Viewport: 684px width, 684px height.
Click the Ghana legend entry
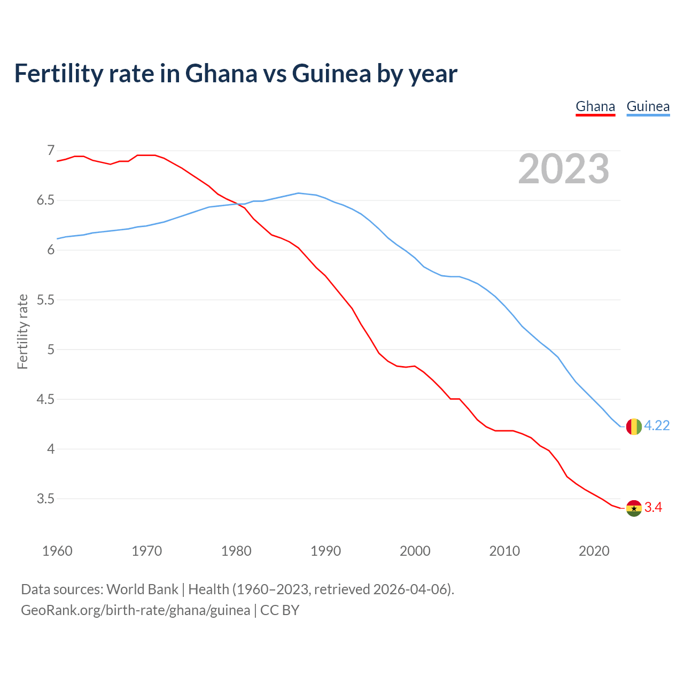click(x=595, y=106)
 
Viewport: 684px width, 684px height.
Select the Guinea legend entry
click(x=648, y=106)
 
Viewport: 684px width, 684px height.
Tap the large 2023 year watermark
click(x=563, y=169)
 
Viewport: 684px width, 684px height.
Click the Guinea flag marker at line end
click(x=633, y=426)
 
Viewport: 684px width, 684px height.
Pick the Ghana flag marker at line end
click(x=633, y=508)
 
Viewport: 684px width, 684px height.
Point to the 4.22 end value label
click(x=657, y=425)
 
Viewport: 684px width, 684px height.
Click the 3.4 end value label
click(x=653, y=508)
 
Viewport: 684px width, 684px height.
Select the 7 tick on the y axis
click(x=51, y=151)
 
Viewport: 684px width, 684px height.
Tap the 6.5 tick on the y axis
click(x=46, y=200)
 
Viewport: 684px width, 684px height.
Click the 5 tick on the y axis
click(x=51, y=349)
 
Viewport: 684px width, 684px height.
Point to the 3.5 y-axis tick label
click(x=46, y=499)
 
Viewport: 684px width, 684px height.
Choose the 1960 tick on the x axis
click(x=57, y=551)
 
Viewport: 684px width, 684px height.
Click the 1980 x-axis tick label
click(x=236, y=551)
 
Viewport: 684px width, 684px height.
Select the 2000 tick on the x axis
click(x=415, y=551)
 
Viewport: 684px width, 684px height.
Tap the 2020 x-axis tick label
click(x=594, y=551)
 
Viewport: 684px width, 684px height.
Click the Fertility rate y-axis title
click(x=22, y=331)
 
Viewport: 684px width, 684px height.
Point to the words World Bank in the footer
click(x=142, y=589)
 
